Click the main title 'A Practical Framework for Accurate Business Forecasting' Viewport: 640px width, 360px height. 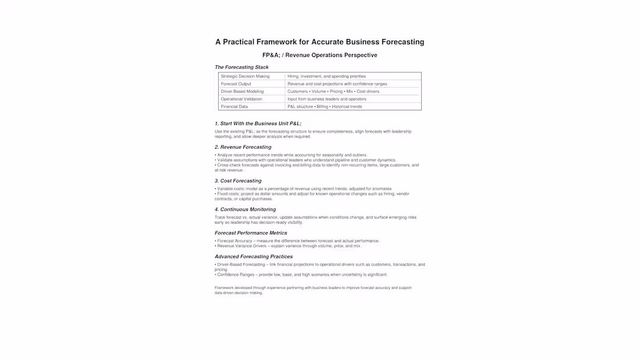pyautogui.click(x=319, y=42)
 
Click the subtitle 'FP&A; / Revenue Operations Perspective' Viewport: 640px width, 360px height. pyautogui.click(x=319, y=55)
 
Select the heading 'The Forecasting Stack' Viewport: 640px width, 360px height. pyautogui.click(x=241, y=67)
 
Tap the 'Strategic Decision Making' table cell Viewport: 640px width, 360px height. pyautogui.click(x=245, y=76)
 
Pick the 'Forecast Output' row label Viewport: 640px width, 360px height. pyautogui.click(x=236, y=84)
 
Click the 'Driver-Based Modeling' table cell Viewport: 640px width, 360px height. pyautogui.click(x=242, y=91)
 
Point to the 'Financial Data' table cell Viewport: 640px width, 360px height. pyautogui.click(x=234, y=106)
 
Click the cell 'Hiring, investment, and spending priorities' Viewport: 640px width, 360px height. pyautogui.click(x=326, y=76)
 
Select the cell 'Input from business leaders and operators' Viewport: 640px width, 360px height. pyautogui.click(x=326, y=99)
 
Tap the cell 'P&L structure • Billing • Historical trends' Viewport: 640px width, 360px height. pyautogui.click(x=324, y=106)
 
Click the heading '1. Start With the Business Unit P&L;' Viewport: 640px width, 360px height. pyautogui.click(x=258, y=124)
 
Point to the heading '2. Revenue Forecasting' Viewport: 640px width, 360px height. pyautogui.click(x=243, y=147)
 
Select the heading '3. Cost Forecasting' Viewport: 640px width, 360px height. pyautogui.click(x=238, y=181)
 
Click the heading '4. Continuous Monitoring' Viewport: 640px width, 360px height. pyautogui.click(x=245, y=209)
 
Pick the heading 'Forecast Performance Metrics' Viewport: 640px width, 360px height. pyautogui.click(x=251, y=233)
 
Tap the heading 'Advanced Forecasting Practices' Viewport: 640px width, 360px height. pyautogui.click(x=253, y=256)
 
